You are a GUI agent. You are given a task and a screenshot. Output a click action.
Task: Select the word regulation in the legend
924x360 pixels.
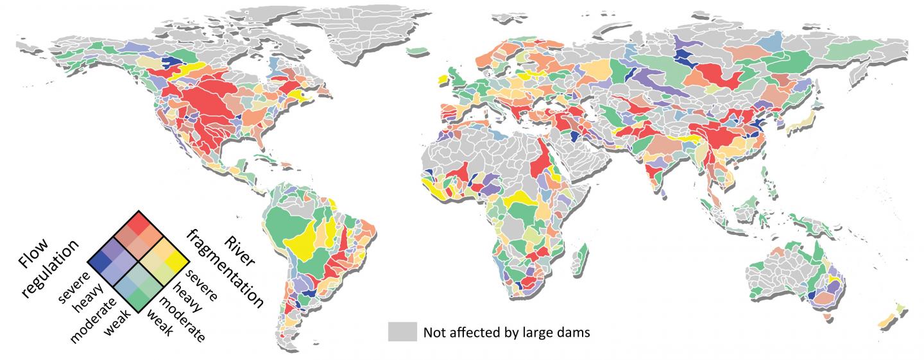pos(51,269)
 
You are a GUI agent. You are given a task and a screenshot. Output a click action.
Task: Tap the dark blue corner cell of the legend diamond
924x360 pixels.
pos(96,261)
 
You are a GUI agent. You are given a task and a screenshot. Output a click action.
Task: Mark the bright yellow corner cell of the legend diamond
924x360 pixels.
pos(178,261)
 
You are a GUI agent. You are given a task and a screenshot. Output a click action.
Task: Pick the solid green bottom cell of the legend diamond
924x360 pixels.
pos(137,302)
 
